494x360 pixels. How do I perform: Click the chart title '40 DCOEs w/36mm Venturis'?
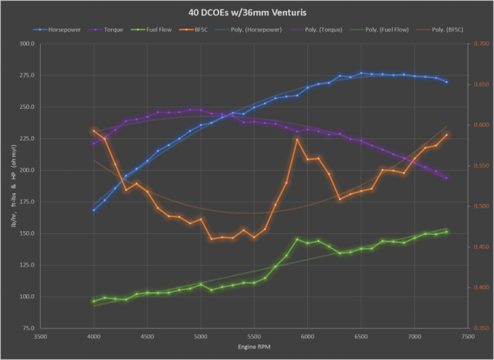(x=246, y=12)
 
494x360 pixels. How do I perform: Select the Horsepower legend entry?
(x=63, y=30)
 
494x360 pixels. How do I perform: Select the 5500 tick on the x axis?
(x=254, y=338)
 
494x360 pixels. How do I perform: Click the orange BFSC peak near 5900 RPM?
(x=297, y=140)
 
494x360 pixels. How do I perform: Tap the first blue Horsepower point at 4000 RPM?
(x=94, y=210)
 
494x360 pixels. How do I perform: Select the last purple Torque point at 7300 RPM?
(x=446, y=178)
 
